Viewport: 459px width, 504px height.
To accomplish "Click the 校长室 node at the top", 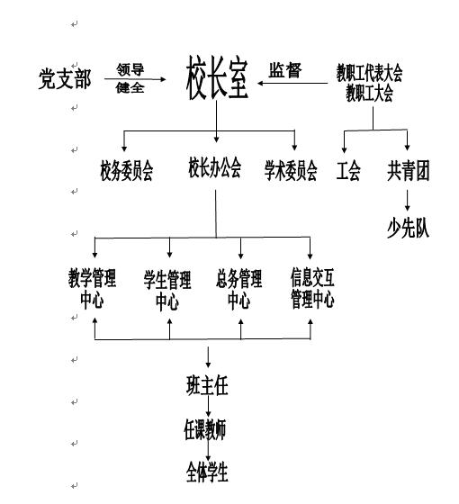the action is coord(217,77).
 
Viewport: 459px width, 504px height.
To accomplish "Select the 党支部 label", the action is coord(65,79).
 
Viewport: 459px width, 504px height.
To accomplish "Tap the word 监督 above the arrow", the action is coord(285,70).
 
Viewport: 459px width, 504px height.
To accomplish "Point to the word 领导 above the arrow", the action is coord(130,69).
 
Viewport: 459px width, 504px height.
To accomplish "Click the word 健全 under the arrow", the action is coord(130,87).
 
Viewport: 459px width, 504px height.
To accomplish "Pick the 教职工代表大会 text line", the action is coord(369,73).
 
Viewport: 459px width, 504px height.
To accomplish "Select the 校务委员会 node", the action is coord(126,171).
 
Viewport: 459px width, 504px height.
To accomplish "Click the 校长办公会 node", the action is coord(215,167).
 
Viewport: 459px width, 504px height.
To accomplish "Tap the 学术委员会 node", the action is coord(291,171).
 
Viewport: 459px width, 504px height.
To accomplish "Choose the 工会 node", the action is coord(348,171).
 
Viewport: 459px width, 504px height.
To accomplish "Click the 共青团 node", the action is coord(409,171).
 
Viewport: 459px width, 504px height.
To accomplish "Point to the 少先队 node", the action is coord(409,229).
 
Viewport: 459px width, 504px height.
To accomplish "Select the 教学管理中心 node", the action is coord(92,289).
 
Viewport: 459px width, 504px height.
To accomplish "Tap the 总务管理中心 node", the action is coord(239,289).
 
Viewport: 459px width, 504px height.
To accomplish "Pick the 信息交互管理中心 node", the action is coord(312,288).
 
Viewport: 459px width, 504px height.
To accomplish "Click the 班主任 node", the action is coord(207,385).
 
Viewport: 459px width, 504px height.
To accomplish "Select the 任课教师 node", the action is coord(205,429).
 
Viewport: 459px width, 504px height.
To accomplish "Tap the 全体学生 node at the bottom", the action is coord(207,472).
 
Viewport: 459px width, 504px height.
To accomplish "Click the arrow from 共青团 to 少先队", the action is coord(408,200).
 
